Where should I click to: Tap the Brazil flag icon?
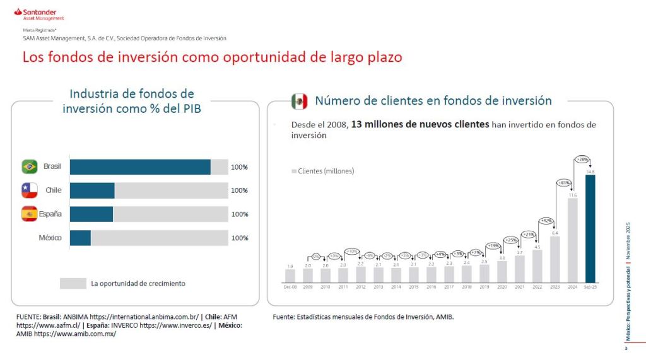coord(30,166)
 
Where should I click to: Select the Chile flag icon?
coord(30,190)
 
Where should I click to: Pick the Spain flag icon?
coord(30,214)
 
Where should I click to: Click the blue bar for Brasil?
coord(140,167)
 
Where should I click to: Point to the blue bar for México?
coord(80,238)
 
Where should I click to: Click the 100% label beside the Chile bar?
coord(239,190)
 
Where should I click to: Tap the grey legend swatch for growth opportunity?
coord(73,284)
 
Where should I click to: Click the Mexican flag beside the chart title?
coord(299,102)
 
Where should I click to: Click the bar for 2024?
coord(572,240)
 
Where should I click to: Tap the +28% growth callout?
coord(582,160)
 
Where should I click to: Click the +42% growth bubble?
coord(546,221)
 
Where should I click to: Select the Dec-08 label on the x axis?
coord(290,287)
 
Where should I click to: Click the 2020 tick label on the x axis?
coord(502,287)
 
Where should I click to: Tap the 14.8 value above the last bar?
coord(590,171)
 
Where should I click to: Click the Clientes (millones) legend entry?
coord(322,171)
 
